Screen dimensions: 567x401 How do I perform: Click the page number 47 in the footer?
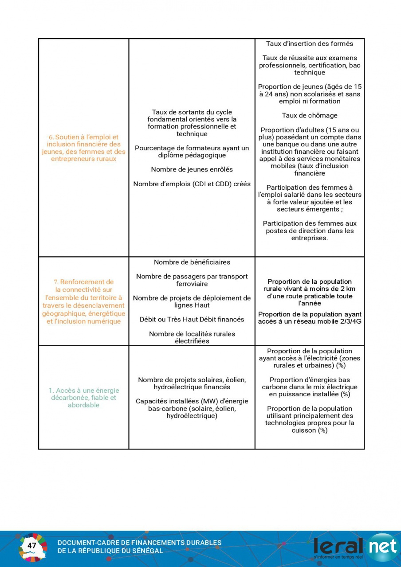[31, 546]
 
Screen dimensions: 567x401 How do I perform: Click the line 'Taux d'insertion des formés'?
[310, 43]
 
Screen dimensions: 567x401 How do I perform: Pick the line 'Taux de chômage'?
[310, 116]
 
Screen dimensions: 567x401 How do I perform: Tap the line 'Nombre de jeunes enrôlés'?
[192, 169]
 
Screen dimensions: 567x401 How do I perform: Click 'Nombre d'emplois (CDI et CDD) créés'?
[192, 184]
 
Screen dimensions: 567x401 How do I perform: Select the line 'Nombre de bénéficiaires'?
[192, 262]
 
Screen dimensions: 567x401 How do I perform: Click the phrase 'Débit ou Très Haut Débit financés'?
[192, 319]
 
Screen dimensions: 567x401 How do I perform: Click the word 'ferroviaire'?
[192, 284]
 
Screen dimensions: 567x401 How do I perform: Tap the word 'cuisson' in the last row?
[304, 430]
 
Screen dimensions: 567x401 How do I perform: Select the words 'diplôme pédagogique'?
[192, 155]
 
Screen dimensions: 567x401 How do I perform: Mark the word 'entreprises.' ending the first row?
[310, 238]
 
